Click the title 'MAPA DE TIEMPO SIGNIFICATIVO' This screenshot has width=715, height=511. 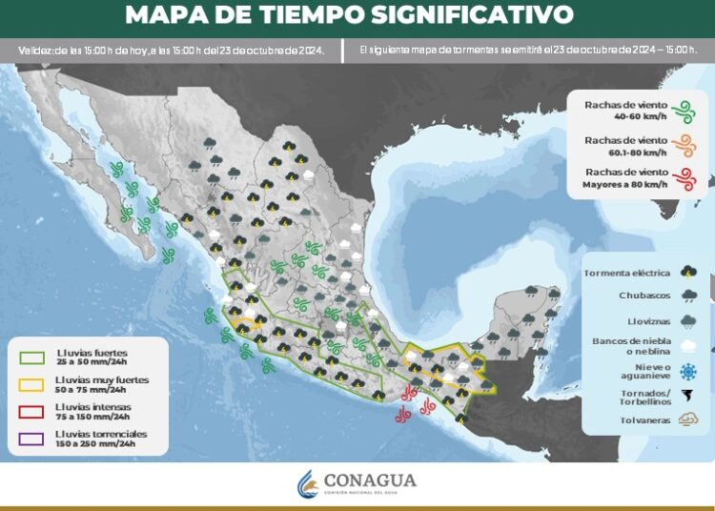(x=349, y=15)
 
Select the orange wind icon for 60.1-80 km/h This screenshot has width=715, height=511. (x=681, y=145)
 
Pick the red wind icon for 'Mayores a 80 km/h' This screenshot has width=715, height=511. (x=681, y=177)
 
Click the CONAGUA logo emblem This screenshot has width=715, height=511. (x=308, y=483)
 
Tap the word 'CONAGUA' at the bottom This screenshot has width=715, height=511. (x=370, y=480)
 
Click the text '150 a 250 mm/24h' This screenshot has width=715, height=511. (x=95, y=444)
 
